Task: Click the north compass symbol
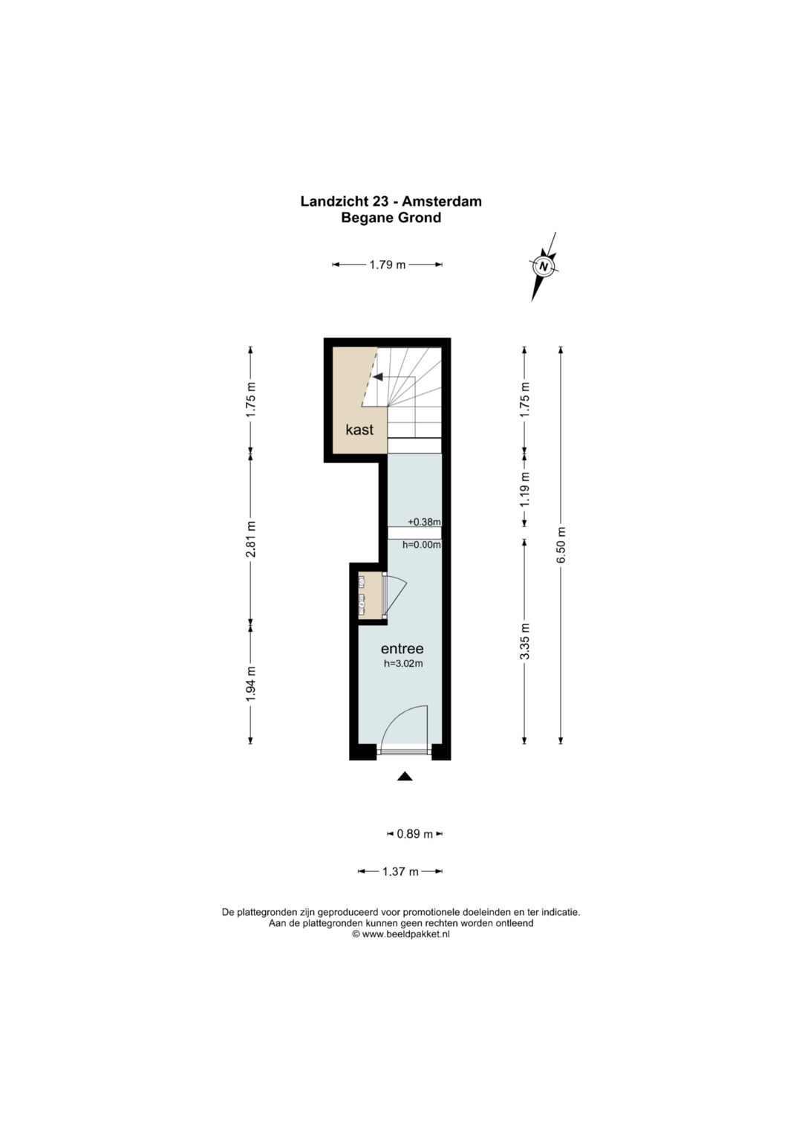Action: (x=544, y=266)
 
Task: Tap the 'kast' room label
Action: (x=359, y=430)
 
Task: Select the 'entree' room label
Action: (x=402, y=649)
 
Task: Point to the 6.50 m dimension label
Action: (x=561, y=546)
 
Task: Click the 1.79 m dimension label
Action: (x=388, y=265)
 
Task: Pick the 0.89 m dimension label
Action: (x=414, y=834)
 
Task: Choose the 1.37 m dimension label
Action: (x=400, y=872)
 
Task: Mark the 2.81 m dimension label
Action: (x=251, y=539)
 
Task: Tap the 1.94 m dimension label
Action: (x=251, y=684)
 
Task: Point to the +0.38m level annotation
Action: (x=424, y=521)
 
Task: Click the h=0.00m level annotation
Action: (x=422, y=545)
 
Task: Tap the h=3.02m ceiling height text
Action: (x=403, y=664)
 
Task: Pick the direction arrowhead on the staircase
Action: (x=377, y=377)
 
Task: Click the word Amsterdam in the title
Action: (x=442, y=201)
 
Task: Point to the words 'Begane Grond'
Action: (x=391, y=217)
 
